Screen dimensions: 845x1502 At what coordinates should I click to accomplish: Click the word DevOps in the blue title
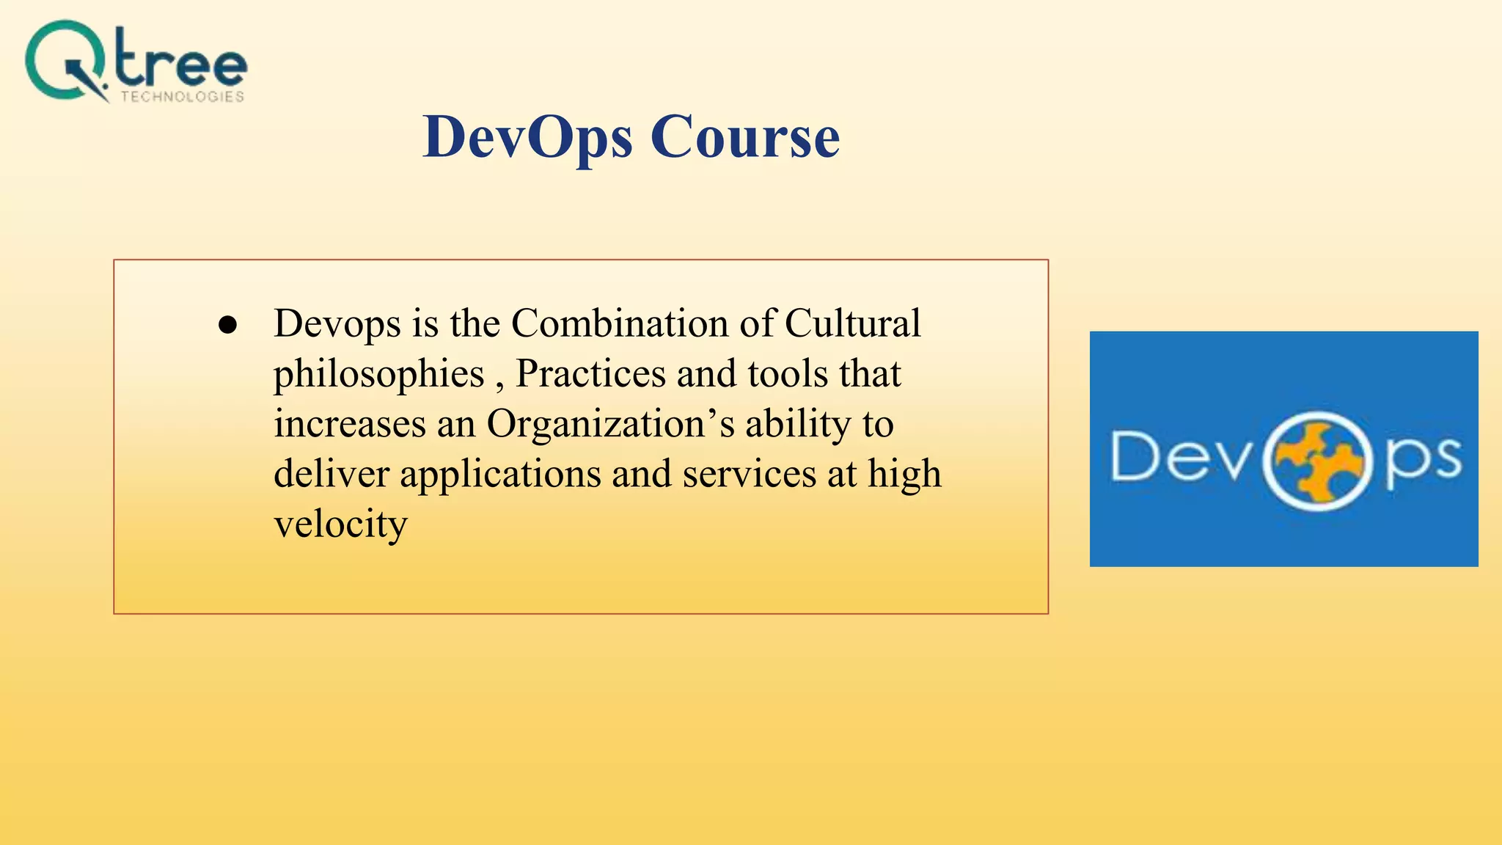(x=528, y=138)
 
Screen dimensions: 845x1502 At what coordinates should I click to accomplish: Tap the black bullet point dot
(x=228, y=326)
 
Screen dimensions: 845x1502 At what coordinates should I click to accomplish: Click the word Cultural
(x=852, y=323)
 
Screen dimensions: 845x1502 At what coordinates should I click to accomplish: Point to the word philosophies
(x=378, y=375)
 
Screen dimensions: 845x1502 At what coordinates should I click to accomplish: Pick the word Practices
(x=590, y=373)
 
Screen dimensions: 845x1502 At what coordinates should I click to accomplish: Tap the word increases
(x=350, y=424)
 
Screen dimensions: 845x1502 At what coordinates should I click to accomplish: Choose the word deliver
(x=331, y=474)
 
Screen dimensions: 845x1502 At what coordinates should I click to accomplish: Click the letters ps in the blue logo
(x=1424, y=461)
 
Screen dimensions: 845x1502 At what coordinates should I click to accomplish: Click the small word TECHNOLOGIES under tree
(x=183, y=97)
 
